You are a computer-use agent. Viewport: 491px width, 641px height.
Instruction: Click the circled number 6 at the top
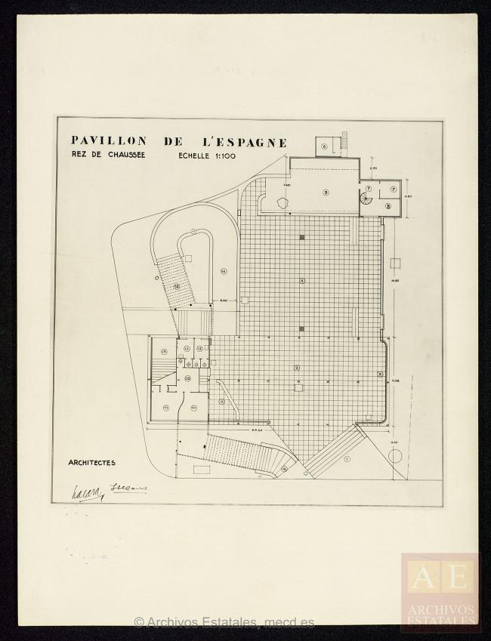pyautogui.click(x=325, y=146)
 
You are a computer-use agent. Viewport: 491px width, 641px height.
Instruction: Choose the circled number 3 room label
pyautogui.click(x=326, y=192)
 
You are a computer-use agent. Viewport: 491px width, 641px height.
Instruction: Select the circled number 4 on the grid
pyautogui.click(x=302, y=281)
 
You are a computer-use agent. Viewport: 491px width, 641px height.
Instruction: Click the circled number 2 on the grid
pyautogui.click(x=297, y=368)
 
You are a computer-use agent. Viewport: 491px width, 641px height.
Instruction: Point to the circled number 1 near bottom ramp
pyautogui.click(x=347, y=458)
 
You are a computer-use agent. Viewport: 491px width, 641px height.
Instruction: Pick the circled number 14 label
pyautogui.click(x=224, y=270)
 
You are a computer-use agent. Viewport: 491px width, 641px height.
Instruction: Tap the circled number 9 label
pyautogui.click(x=221, y=402)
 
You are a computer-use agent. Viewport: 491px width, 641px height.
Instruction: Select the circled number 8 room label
pyautogui.click(x=388, y=205)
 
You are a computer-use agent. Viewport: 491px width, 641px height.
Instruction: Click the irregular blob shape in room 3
pyautogui.click(x=283, y=202)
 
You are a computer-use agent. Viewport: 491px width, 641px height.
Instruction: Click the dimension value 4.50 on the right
pyautogui.click(x=408, y=196)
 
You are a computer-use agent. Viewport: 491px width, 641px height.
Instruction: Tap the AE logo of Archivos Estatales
pyautogui.click(x=440, y=578)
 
